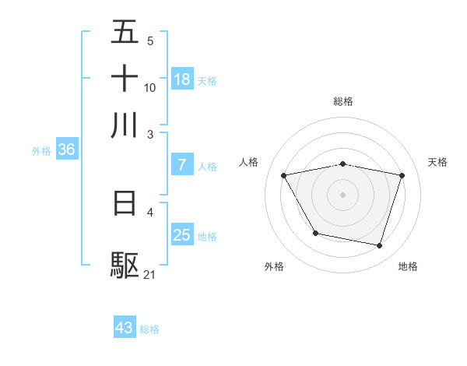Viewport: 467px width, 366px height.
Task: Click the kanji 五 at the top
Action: (125, 33)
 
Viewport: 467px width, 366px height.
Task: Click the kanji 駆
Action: (125, 266)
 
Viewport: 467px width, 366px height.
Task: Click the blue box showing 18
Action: (182, 79)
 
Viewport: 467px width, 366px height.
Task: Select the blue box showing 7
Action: (182, 165)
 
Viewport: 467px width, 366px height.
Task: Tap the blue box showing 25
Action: (182, 235)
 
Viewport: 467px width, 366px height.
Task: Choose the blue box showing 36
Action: (66, 150)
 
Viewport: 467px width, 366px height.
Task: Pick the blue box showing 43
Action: (125, 328)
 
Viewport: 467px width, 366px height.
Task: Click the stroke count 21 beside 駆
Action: (150, 274)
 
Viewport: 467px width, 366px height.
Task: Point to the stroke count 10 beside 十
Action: (150, 87)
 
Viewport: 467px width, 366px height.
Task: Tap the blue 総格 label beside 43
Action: (150, 329)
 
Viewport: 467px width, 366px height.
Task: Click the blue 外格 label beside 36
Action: (41, 151)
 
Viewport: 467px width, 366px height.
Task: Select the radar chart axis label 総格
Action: (342, 101)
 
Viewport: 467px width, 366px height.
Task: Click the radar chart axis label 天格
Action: (438, 162)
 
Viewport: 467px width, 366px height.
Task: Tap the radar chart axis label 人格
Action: (248, 162)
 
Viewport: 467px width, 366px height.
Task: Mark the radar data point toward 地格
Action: (379, 246)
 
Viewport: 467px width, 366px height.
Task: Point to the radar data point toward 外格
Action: (314, 233)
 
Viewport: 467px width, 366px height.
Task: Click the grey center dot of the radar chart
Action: (342, 195)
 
